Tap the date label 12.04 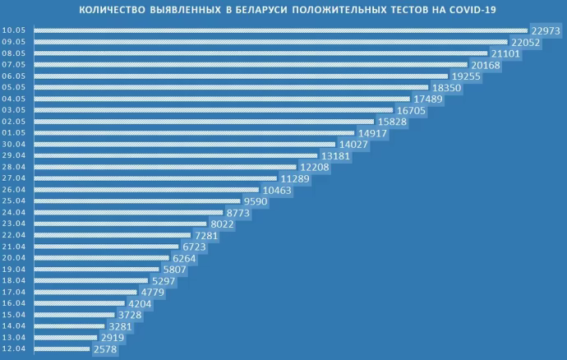[x=16, y=349]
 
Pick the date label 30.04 [x=16, y=144]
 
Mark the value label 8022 [x=219, y=224]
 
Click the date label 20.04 [x=16, y=257]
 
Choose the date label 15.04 [x=16, y=315]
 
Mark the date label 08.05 [x=16, y=53]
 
